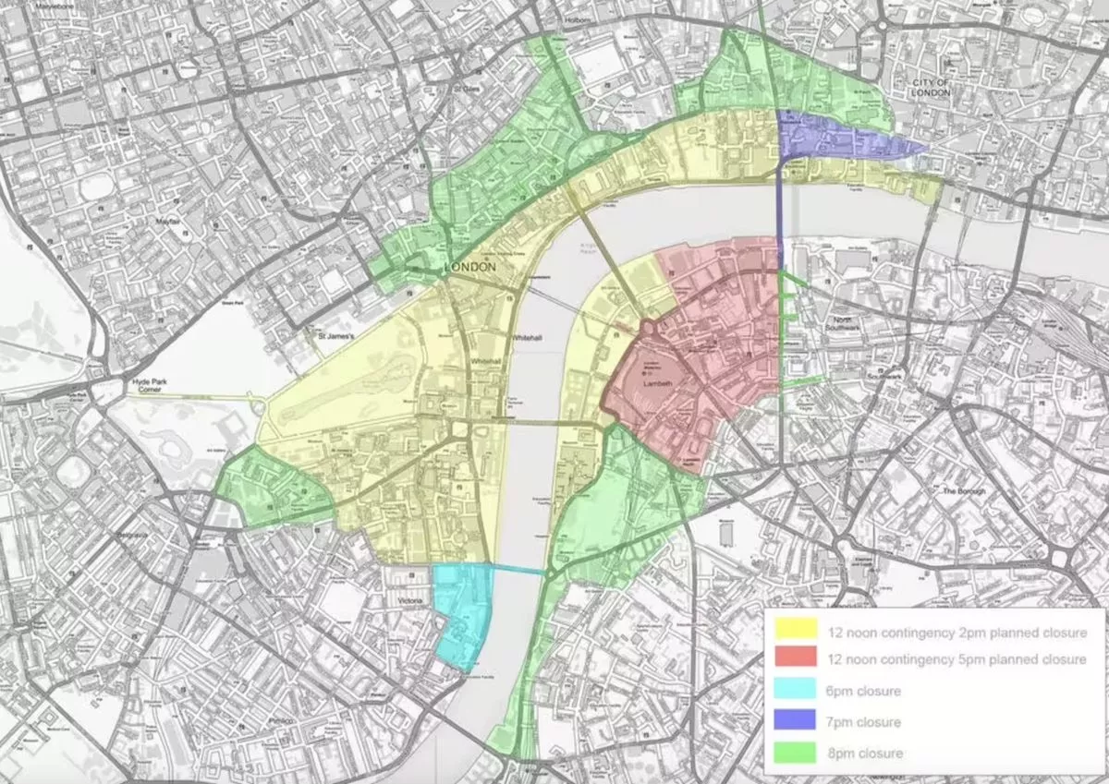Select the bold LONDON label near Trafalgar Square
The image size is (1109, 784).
(470, 267)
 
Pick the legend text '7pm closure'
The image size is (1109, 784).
(862, 721)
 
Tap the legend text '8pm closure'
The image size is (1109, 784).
(862, 753)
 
